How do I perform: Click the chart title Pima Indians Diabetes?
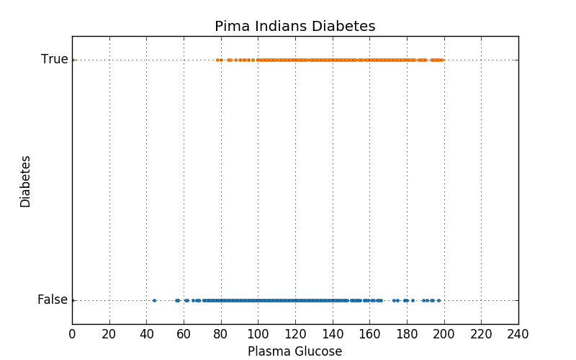pos(294,27)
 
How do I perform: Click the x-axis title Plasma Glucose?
pos(294,351)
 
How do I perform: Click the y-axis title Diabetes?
pos(26,181)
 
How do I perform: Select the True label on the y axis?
pos(54,60)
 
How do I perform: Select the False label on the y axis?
pos(53,300)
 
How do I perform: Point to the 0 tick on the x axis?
pos(72,334)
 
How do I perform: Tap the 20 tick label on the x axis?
pos(109,334)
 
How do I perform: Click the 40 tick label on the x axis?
pos(146,334)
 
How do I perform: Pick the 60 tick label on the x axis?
pos(184,334)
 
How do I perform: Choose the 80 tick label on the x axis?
pos(221,334)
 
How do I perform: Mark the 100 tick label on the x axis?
pos(258,334)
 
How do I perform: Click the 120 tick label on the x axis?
pos(295,334)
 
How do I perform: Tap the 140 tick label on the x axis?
pos(333,334)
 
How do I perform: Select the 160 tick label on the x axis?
pos(369,334)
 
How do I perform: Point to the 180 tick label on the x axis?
pos(407,334)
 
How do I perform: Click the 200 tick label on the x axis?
pos(444,334)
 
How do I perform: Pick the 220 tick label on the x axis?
pos(481,334)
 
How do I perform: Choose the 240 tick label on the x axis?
pos(518,334)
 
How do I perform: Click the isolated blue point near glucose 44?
pos(154,300)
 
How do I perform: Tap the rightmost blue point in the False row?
pos(438,300)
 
